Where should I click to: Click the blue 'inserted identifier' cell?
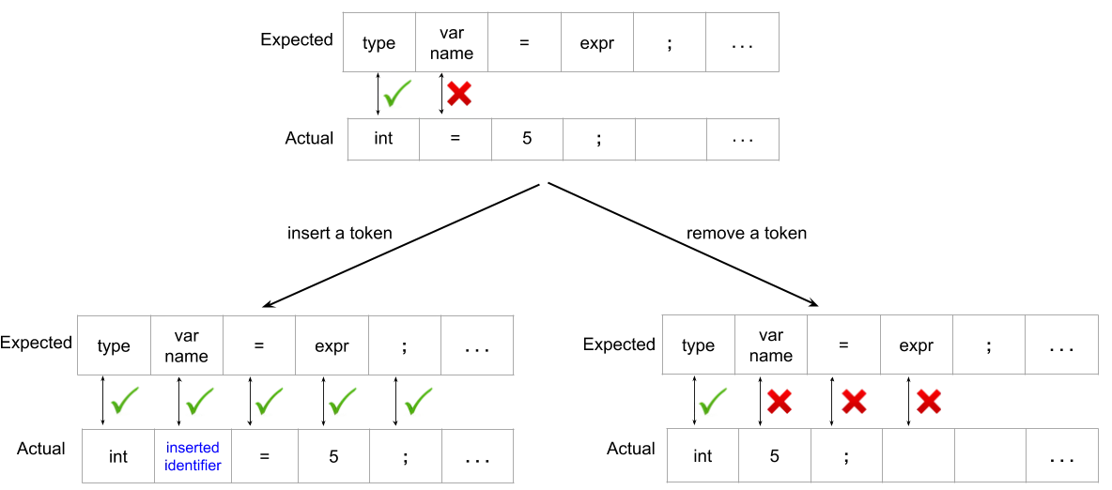pyautogui.click(x=193, y=456)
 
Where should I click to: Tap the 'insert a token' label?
pyautogui.click(x=340, y=234)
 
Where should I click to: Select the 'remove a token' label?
pyautogui.click(x=746, y=234)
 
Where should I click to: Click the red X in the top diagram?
pyautogui.click(x=459, y=94)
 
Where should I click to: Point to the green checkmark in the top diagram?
pyautogui.click(x=396, y=94)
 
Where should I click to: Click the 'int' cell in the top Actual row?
pyautogui.click(x=383, y=139)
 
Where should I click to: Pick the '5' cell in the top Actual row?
pyautogui.click(x=527, y=139)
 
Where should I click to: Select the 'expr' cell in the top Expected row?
pyautogui.click(x=597, y=42)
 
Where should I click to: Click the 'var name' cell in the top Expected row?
pyautogui.click(x=452, y=42)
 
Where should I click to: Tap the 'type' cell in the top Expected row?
pyautogui.click(x=378, y=42)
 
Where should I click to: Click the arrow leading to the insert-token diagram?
pyautogui.click(x=402, y=245)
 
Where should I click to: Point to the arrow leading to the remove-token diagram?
pyautogui.click(x=683, y=245)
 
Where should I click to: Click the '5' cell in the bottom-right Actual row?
pyautogui.click(x=774, y=456)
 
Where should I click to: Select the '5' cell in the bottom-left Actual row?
pyautogui.click(x=333, y=456)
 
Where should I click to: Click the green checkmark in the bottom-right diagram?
pyautogui.click(x=713, y=402)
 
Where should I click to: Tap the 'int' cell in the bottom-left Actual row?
pyautogui.click(x=118, y=456)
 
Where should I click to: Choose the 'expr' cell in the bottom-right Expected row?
pyautogui.click(x=917, y=345)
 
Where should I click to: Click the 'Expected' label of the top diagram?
pyautogui.click(x=297, y=39)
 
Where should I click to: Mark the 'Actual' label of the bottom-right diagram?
pyautogui.click(x=631, y=449)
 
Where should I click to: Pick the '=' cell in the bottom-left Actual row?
pyautogui.click(x=264, y=456)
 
